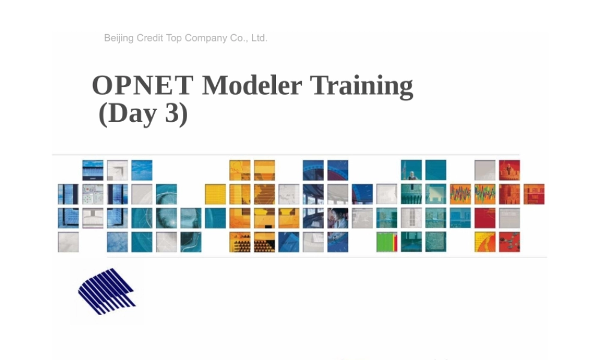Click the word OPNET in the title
point(142,86)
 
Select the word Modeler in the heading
point(251,86)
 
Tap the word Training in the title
point(361,86)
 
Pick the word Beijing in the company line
point(119,38)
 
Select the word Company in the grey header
point(206,38)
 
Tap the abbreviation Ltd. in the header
point(259,38)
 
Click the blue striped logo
point(106,292)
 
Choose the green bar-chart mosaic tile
point(386,242)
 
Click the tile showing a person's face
point(337,218)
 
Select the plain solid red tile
point(484,218)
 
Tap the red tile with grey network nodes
point(509,242)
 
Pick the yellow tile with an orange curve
point(484,242)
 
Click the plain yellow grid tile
point(215,194)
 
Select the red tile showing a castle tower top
point(509,170)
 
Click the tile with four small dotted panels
point(92,194)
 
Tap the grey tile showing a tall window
point(411,218)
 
